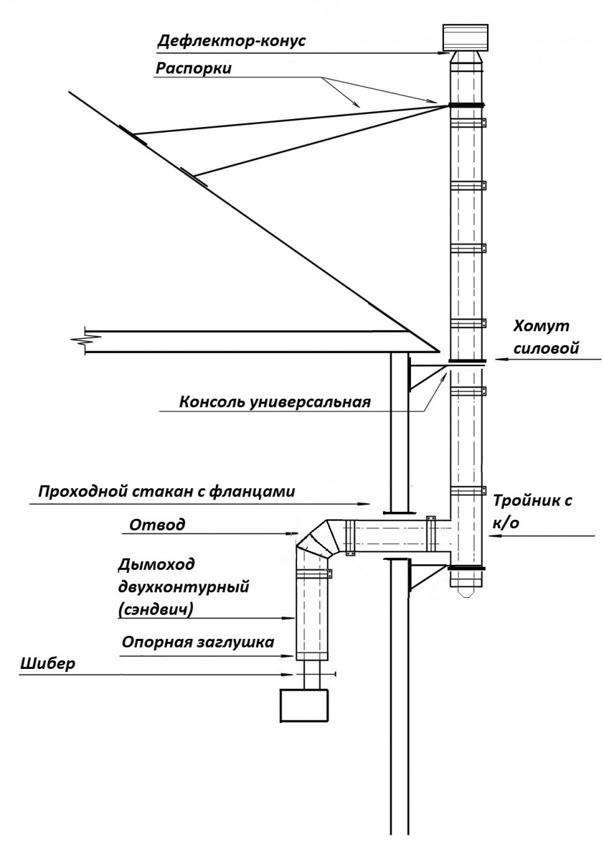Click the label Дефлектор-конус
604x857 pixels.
pyautogui.click(x=231, y=41)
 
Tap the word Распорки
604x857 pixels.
pyautogui.click(x=193, y=68)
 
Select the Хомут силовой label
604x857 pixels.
pyautogui.click(x=545, y=337)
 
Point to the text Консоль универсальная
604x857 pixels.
pyautogui.click(x=275, y=402)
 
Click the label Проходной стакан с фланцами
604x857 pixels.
pyautogui.click(x=166, y=491)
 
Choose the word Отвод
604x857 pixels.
pyautogui.click(x=157, y=524)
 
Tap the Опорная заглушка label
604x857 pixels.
pyautogui.click(x=197, y=642)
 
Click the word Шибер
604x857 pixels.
pyautogui.click(x=47, y=663)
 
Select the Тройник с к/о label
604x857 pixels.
pyautogui.click(x=532, y=511)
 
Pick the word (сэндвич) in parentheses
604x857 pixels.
pyautogui.click(x=155, y=610)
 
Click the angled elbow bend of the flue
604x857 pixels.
pyautogui.click(x=316, y=539)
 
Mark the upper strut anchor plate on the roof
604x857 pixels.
pyautogui.click(x=133, y=135)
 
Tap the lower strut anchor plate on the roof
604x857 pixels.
pyautogui.click(x=194, y=176)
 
